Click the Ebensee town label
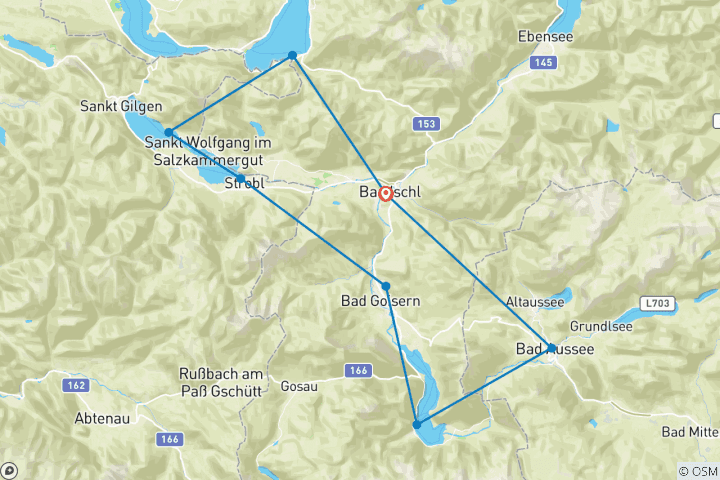click(545, 36)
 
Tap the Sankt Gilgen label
click(122, 107)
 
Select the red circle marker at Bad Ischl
click(385, 193)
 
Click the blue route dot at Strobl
click(240, 179)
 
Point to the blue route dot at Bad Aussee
click(551, 348)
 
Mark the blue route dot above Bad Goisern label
click(386, 286)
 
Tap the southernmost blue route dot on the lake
click(416, 425)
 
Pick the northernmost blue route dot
click(292, 55)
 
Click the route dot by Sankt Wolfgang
click(169, 132)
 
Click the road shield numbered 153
click(426, 123)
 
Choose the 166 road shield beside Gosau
click(360, 371)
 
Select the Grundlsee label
click(600, 327)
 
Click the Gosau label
click(300, 385)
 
